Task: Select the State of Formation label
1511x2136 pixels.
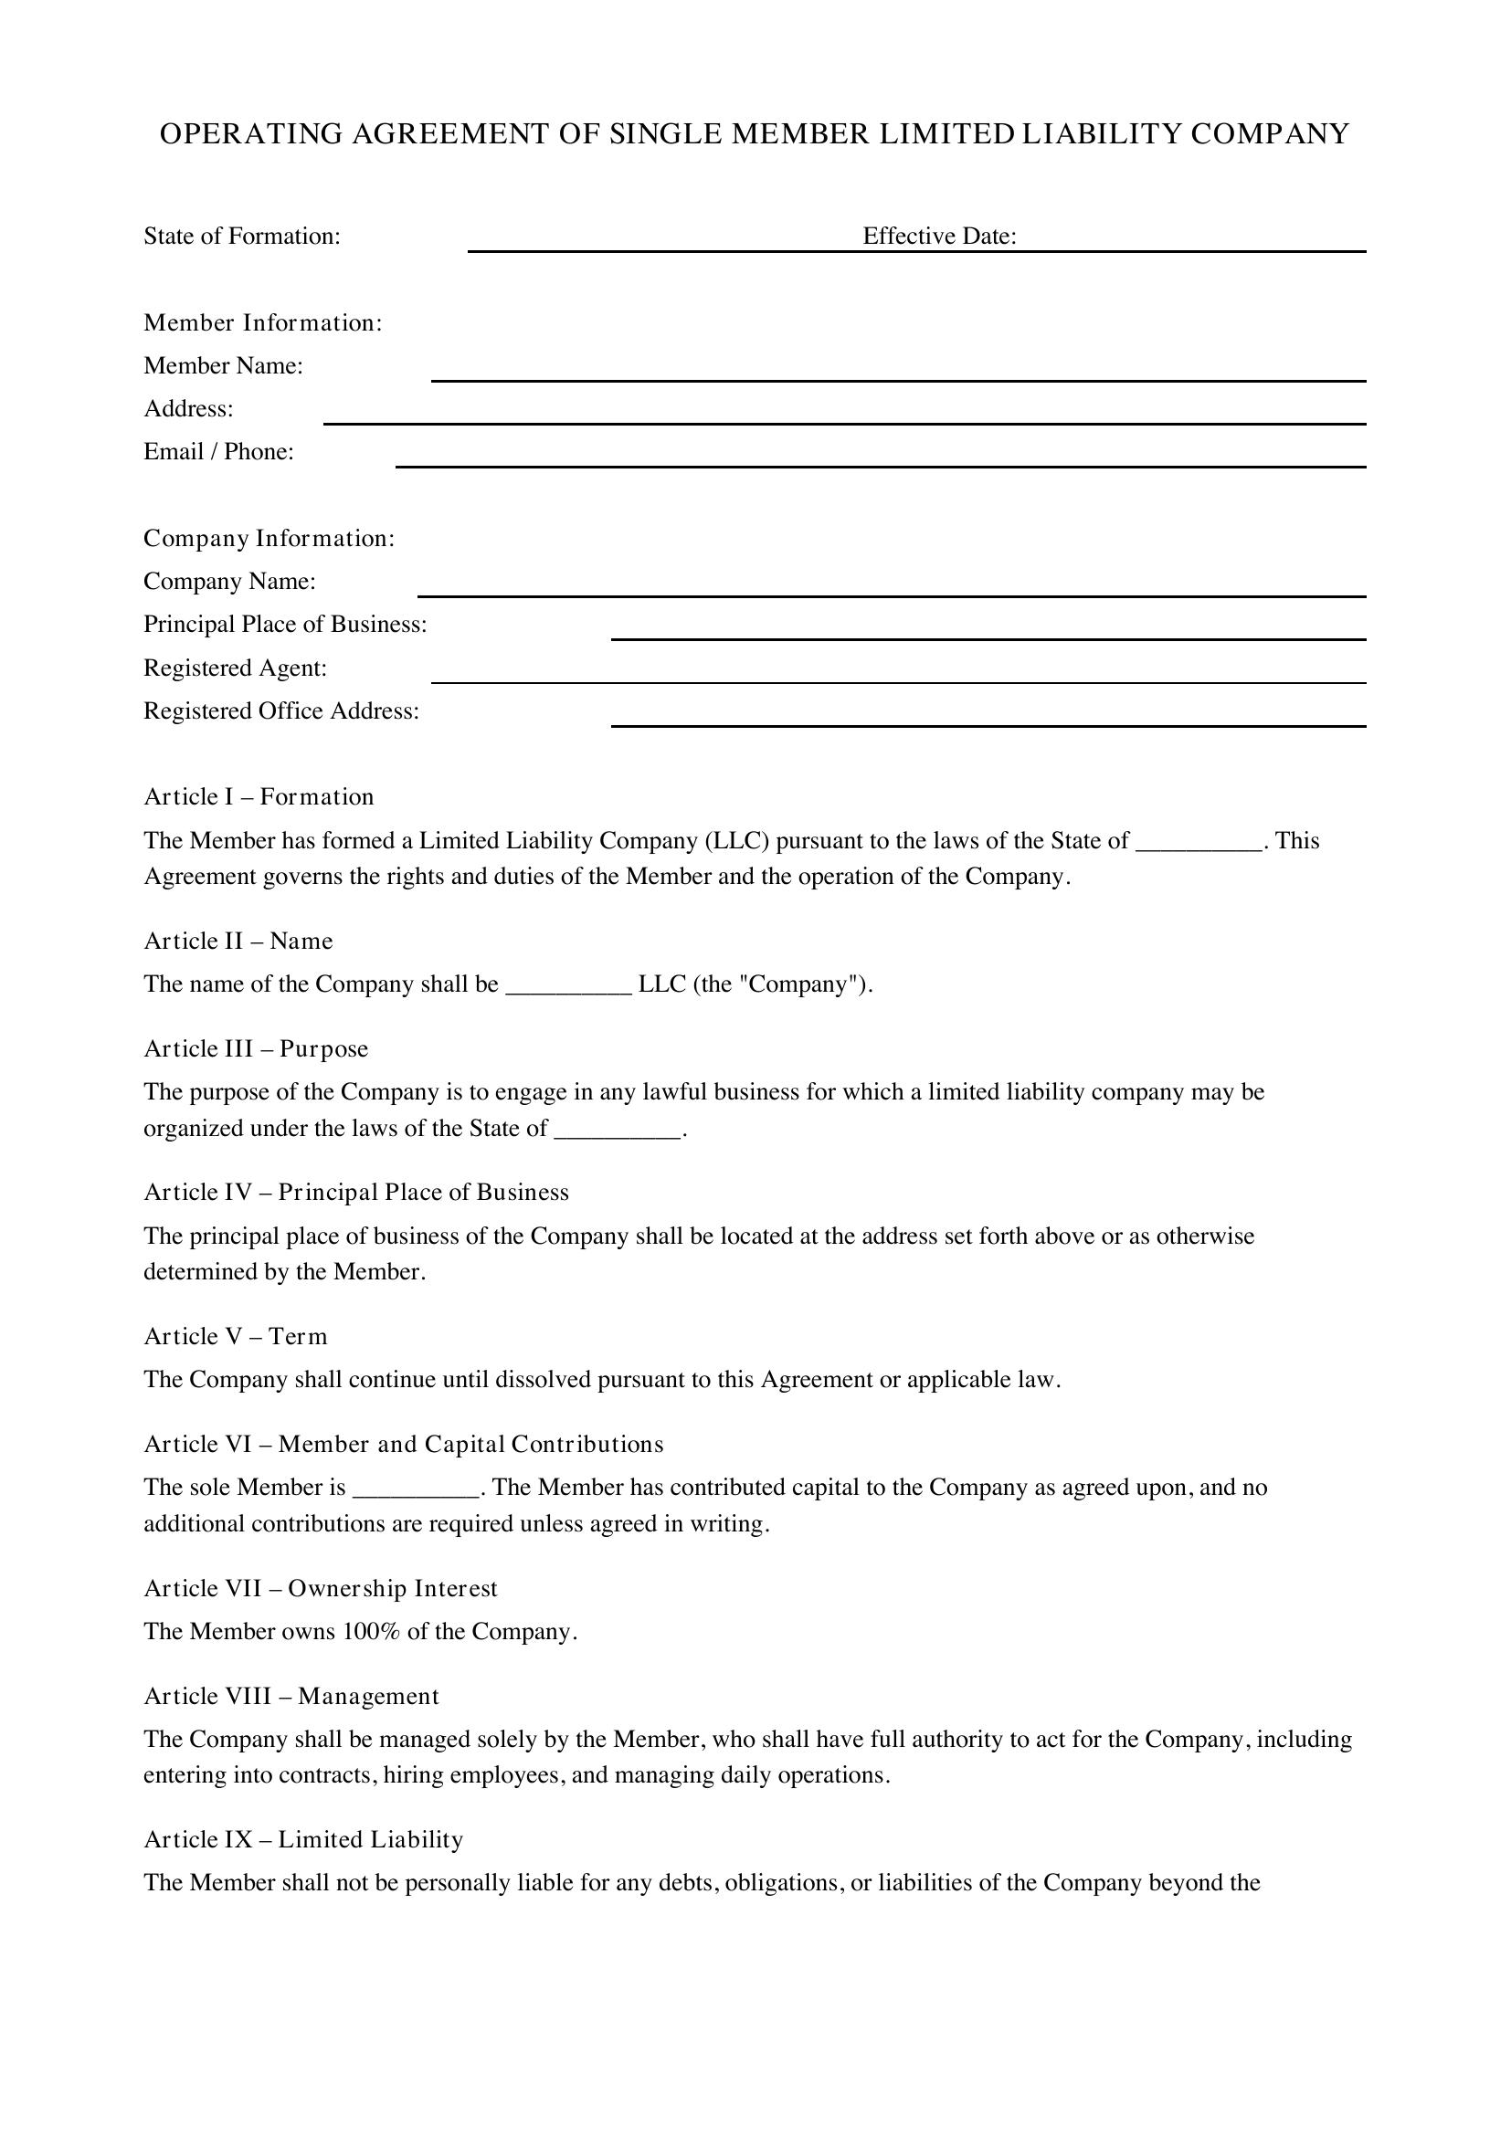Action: pyautogui.click(x=242, y=237)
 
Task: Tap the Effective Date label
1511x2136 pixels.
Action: pyautogui.click(x=939, y=237)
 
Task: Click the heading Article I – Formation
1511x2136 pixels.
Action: pyautogui.click(x=259, y=797)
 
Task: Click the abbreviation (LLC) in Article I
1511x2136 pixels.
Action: pyautogui.click(x=738, y=841)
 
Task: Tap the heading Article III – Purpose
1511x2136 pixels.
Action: pyautogui.click(x=256, y=1049)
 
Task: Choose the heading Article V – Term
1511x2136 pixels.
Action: pyautogui.click(x=236, y=1337)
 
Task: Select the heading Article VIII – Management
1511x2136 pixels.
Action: pyautogui.click(x=291, y=1696)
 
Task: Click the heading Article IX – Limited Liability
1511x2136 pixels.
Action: pyautogui.click(x=303, y=1839)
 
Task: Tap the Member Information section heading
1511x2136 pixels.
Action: pyautogui.click(x=262, y=322)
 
